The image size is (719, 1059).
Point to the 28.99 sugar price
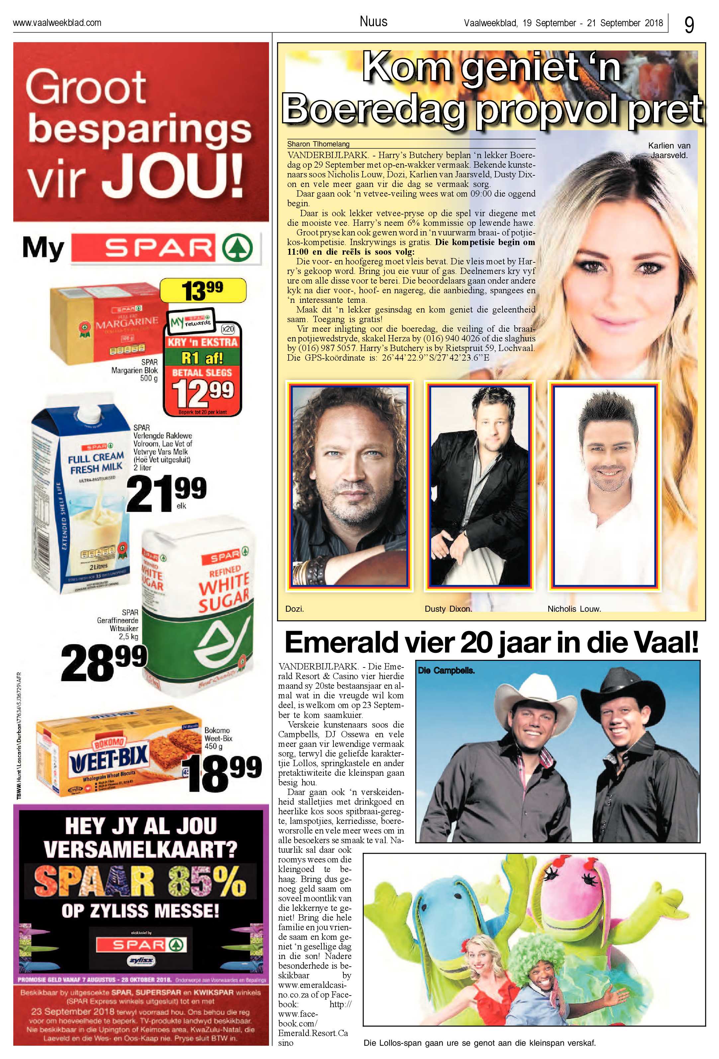[104, 662]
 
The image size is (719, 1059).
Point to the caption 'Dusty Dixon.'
[448, 609]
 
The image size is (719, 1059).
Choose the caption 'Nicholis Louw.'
[574, 609]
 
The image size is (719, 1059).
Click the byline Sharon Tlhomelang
[318, 144]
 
